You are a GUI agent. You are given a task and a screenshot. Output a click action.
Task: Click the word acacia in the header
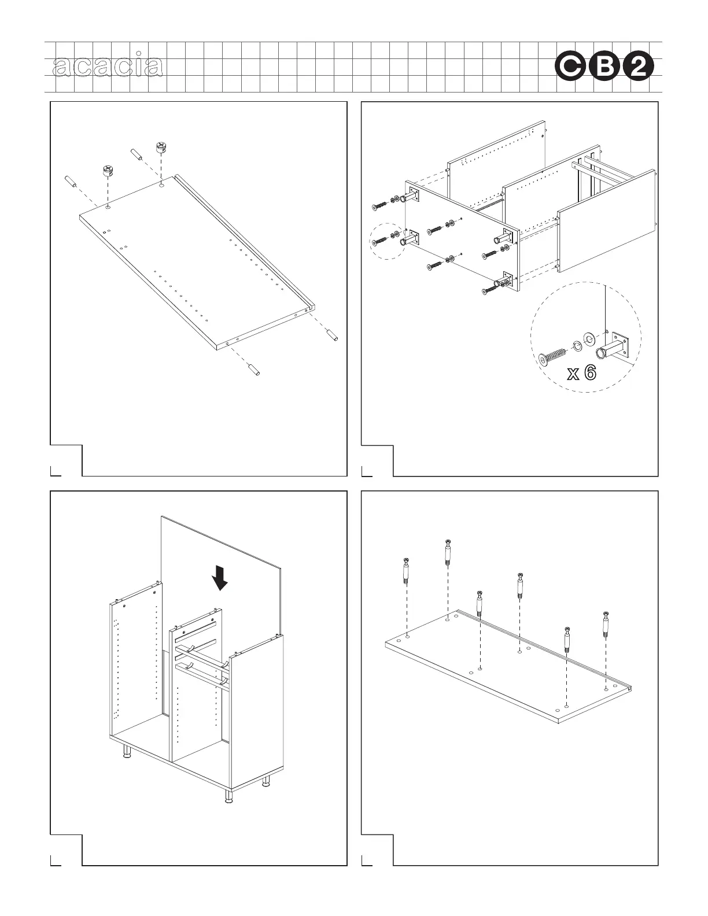point(107,67)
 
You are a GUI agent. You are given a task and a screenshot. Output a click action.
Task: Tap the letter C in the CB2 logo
point(570,68)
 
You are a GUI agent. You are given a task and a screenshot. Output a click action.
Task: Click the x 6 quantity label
point(581,373)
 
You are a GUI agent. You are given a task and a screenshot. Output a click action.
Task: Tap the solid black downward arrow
point(220,578)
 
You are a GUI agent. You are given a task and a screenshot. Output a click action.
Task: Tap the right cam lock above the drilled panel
point(160,147)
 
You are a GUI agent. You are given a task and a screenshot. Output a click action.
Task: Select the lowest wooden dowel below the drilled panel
point(253,368)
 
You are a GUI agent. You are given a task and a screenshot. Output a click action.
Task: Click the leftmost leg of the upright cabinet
point(126,751)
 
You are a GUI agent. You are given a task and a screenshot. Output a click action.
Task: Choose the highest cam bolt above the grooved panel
point(448,553)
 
